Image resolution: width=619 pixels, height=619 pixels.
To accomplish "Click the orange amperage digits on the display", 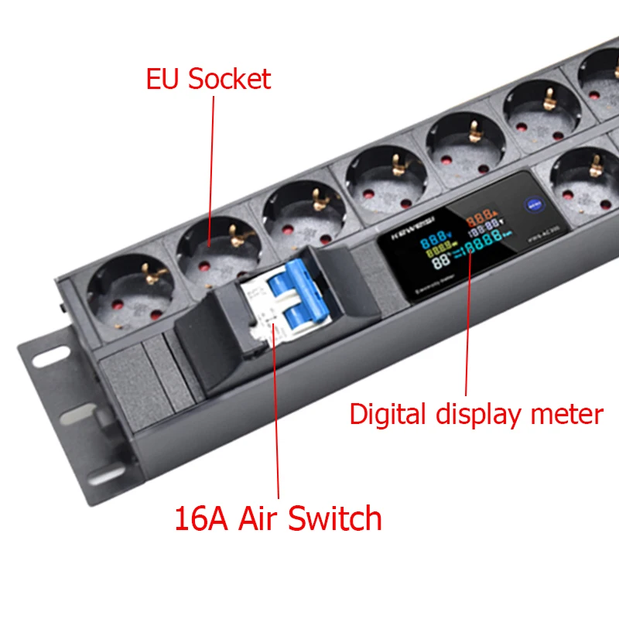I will coord(480,219).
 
